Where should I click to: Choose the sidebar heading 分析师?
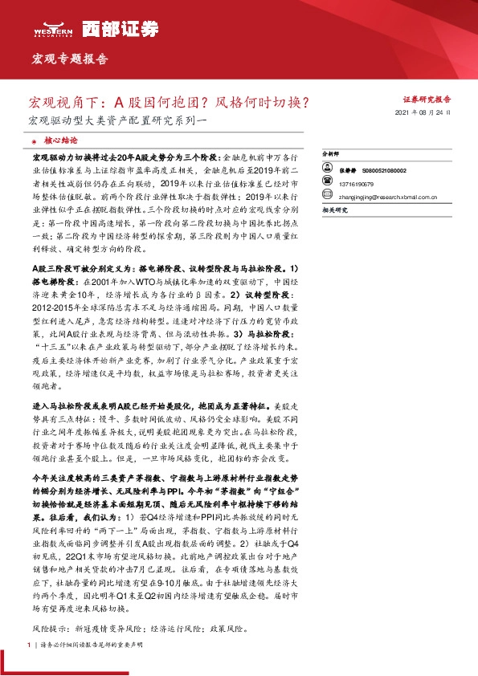[330, 152]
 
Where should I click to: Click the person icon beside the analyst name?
[327, 171]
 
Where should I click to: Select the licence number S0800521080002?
[384, 171]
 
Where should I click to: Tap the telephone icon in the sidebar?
[327, 182]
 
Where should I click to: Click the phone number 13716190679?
[357, 182]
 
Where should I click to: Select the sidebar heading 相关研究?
[333, 209]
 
